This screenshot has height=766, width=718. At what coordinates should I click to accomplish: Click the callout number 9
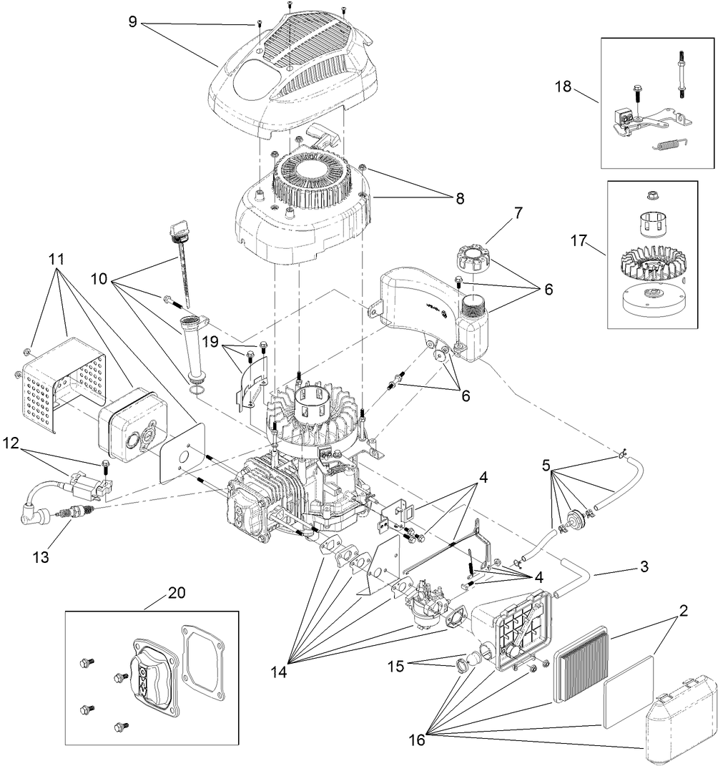click(132, 21)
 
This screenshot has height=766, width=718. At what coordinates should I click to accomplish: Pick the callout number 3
click(644, 568)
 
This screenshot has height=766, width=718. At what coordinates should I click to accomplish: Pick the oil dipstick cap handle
click(177, 230)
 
